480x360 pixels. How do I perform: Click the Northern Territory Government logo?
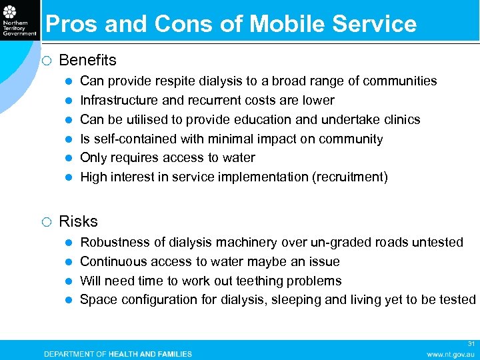[x=19, y=20]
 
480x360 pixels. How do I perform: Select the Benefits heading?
[x=87, y=60]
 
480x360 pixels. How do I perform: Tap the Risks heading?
[x=78, y=221]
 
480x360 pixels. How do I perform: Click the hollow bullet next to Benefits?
[x=46, y=61]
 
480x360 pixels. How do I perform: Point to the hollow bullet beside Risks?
[x=46, y=222]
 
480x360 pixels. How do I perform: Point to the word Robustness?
[x=114, y=243]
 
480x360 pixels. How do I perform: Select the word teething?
[x=258, y=281]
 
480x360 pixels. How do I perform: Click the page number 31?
[x=471, y=344]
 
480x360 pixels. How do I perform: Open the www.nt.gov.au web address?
[x=451, y=354]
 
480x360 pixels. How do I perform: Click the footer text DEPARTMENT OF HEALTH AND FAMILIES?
[x=118, y=354]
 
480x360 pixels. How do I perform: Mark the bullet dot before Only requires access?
[x=69, y=158]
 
